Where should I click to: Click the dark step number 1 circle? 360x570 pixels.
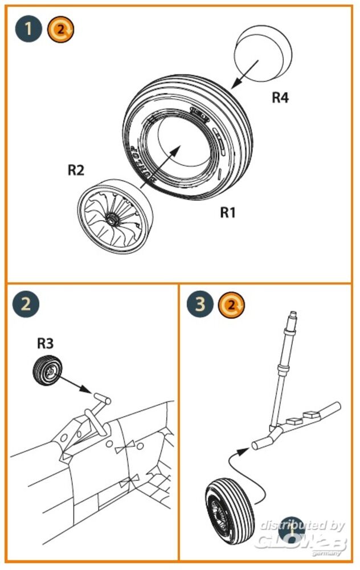click(28, 28)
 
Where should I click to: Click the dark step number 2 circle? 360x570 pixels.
click(26, 304)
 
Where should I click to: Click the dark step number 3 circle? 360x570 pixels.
click(200, 304)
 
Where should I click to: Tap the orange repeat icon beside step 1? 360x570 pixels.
click(60, 28)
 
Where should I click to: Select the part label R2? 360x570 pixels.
click(76, 169)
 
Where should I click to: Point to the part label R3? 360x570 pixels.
click(46, 343)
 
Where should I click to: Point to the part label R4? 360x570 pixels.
click(279, 98)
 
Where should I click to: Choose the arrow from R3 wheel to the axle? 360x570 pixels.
click(75, 385)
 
